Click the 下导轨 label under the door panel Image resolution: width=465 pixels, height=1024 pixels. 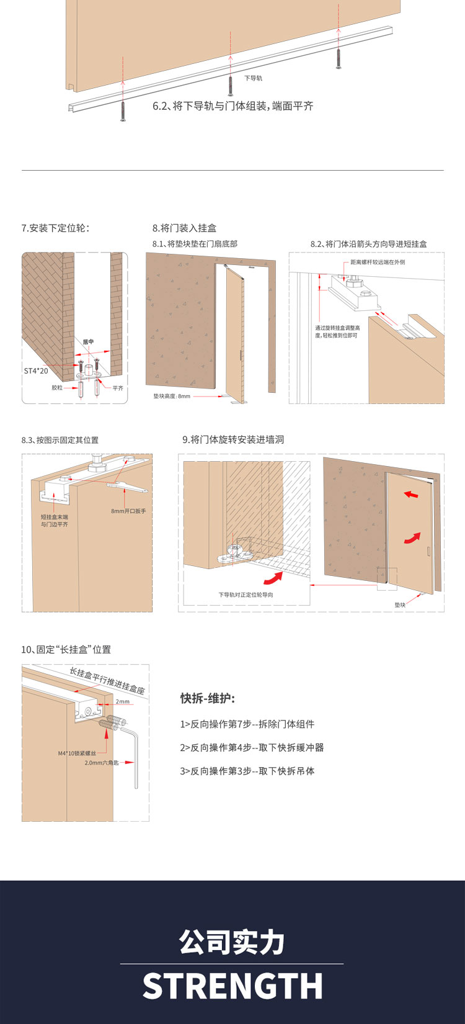[x=253, y=78]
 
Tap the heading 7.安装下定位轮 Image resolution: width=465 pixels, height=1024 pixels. [x=55, y=228]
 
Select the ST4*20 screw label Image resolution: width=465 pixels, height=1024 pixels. [x=36, y=371]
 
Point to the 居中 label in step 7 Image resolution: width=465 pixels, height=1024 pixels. [x=88, y=342]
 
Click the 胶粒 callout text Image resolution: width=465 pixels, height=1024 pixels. [x=57, y=388]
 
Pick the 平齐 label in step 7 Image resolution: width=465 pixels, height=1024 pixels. [x=118, y=388]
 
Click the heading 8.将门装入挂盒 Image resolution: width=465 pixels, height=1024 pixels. [x=184, y=228]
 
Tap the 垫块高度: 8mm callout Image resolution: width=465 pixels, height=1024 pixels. [x=172, y=396]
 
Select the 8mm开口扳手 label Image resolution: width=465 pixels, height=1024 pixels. [x=128, y=511]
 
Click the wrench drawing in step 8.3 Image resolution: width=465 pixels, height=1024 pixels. [x=127, y=487]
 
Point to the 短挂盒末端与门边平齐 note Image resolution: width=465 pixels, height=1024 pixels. [x=55, y=521]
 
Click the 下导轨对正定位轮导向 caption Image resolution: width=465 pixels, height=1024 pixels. [x=246, y=595]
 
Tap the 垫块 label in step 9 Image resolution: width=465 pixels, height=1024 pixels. [x=400, y=604]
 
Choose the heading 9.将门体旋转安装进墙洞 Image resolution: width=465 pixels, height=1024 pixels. [x=233, y=439]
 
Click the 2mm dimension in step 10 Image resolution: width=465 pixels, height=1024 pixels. [x=122, y=702]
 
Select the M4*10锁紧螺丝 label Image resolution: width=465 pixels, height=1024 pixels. [x=77, y=753]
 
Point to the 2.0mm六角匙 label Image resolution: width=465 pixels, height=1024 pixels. [x=102, y=763]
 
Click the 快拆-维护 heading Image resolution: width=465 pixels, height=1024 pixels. [x=208, y=699]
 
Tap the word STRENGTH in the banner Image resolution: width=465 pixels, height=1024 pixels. [x=232, y=987]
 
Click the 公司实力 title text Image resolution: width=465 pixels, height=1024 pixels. [x=232, y=943]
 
